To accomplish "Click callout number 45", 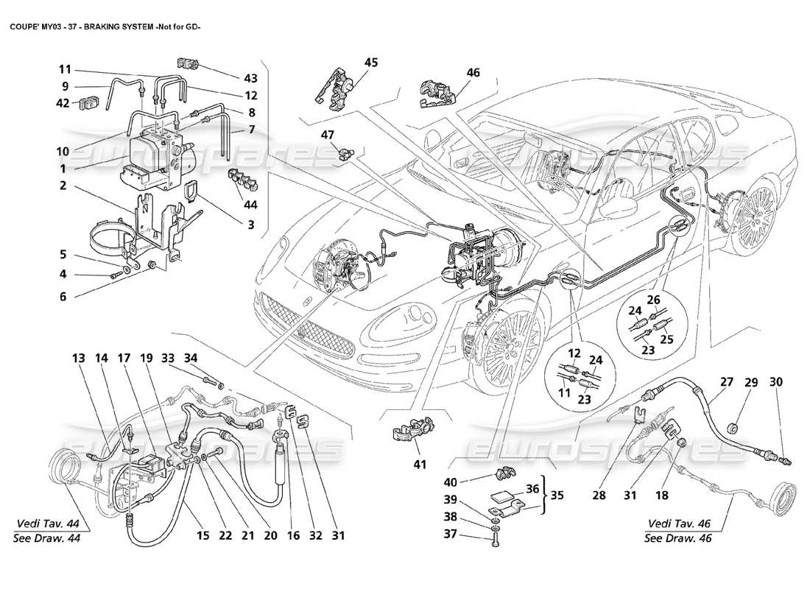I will point(370,63).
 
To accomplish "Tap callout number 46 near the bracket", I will point(472,73).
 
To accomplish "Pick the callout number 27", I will point(727,382).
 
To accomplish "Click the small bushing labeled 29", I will point(733,428).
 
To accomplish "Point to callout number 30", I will point(776,382).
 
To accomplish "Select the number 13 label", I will point(79,359).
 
